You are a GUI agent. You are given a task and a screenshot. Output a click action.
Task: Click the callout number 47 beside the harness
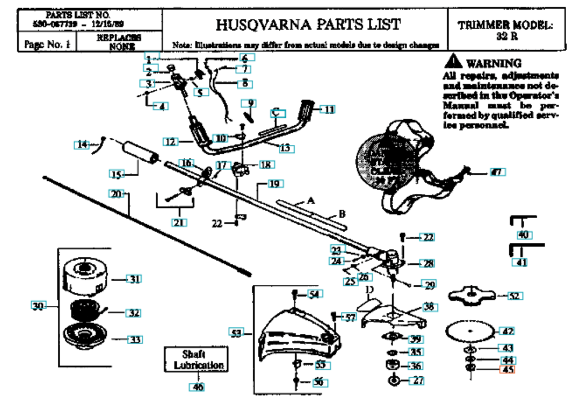[x=497, y=172]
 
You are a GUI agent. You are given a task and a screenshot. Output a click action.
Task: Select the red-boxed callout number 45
[x=507, y=370]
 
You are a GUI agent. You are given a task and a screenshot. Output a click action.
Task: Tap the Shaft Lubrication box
[x=196, y=360]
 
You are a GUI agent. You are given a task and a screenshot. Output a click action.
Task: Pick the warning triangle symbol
[x=454, y=62]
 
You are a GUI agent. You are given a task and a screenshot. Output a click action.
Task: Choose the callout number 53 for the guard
[x=236, y=333]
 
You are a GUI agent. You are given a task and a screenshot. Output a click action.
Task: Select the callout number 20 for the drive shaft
[x=117, y=193]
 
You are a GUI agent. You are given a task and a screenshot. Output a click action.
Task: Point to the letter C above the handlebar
[x=276, y=113]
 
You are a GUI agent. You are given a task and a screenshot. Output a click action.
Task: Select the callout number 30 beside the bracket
[x=38, y=306]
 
